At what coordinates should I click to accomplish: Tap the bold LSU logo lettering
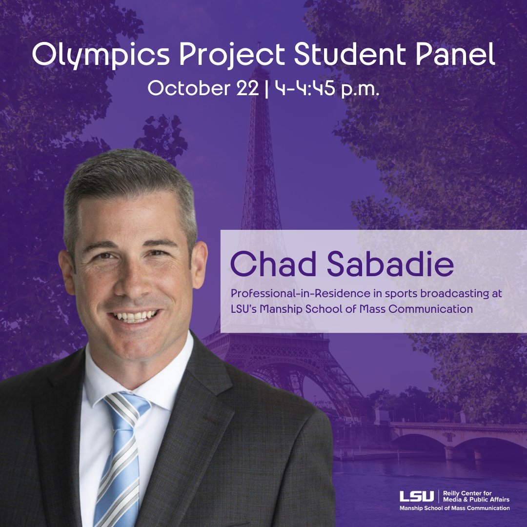[416, 497]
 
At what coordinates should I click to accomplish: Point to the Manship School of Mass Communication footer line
[454, 508]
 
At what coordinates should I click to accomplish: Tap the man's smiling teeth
[134, 316]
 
